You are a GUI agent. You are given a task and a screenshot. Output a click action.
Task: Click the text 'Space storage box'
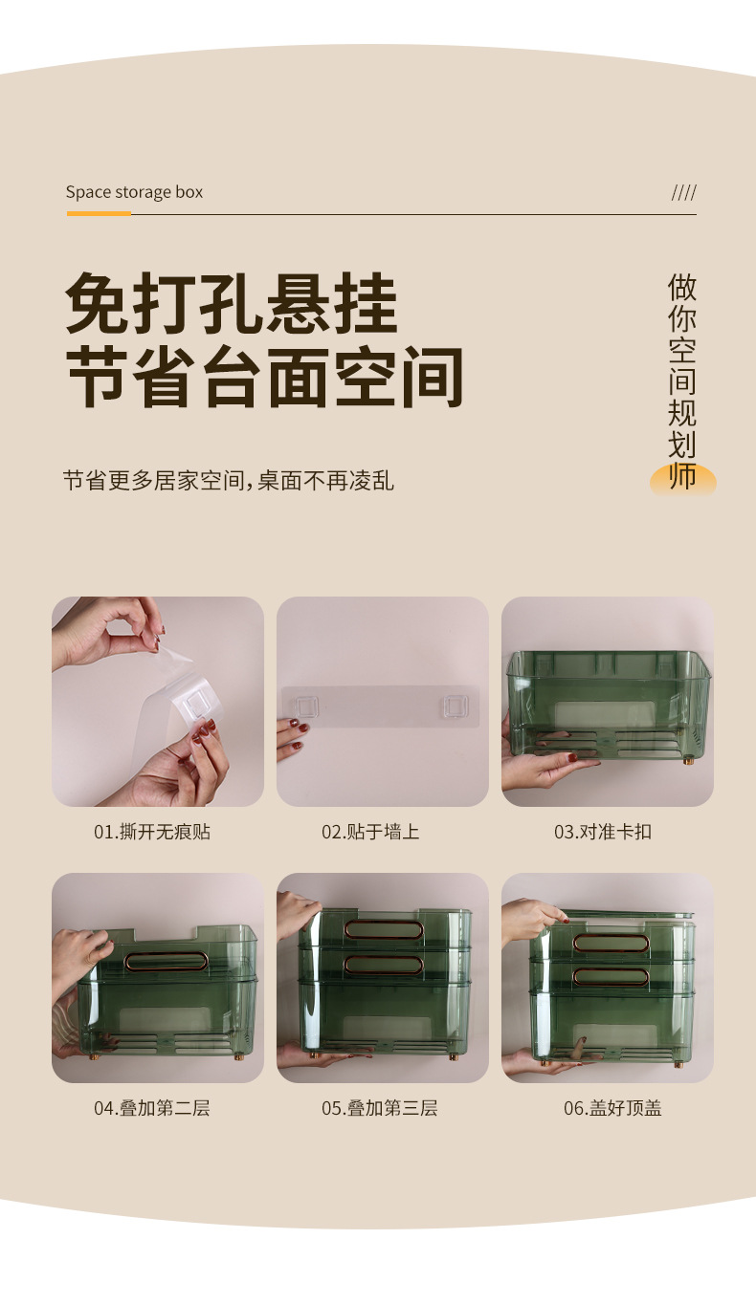pyautogui.click(x=134, y=192)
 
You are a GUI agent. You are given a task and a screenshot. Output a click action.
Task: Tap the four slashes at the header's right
pyautogui.click(x=683, y=192)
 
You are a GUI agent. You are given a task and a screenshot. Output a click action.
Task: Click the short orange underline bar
pyautogui.click(x=99, y=213)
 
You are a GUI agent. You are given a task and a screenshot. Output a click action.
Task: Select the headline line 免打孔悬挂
pyautogui.click(x=232, y=304)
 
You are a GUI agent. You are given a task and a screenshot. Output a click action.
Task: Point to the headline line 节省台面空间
pyautogui.click(x=265, y=378)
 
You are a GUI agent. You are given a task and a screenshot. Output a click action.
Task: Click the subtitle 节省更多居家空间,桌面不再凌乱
pyautogui.click(x=229, y=480)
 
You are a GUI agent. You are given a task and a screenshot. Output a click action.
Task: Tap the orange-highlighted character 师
pyautogui.click(x=682, y=476)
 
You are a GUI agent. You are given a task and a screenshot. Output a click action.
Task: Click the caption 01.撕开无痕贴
pyautogui.click(x=152, y=832)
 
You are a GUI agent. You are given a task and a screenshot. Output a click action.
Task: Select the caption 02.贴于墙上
pyautogui.click(x=370, y=832)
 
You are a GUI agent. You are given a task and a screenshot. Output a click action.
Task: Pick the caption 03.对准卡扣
pyautogui.click(x=603, y=832)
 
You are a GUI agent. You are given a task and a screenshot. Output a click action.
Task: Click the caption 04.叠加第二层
pyautogui.click(x=152, y=1108)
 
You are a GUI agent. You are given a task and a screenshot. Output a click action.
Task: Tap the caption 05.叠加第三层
pyautogui.click(x=380, y=1108)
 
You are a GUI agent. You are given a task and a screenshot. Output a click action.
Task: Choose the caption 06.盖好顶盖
pyautogui.click(x=612, y=1108)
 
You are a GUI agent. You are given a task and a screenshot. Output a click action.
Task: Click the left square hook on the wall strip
pyautogui.click(x=305, y=707)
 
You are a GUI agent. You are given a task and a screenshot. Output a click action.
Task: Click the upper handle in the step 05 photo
pyautogui.click(x=382, y=928)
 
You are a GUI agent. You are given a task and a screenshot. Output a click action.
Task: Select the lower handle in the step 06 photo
pyautogui.click(x=611, y=976)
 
